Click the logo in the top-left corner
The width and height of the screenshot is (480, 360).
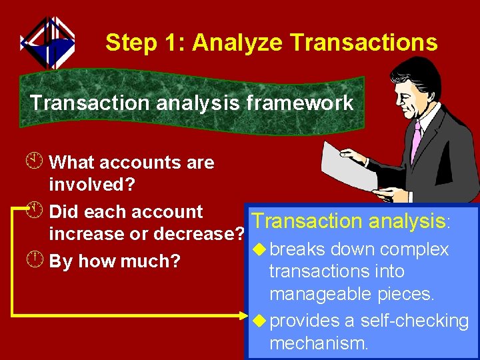pyautogui.click(x=47, y=42)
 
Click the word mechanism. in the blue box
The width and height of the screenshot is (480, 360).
pyautogui.click(x=318, y=343)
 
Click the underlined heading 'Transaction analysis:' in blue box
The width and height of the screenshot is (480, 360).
pyautogui.click(x=350, y=221)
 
